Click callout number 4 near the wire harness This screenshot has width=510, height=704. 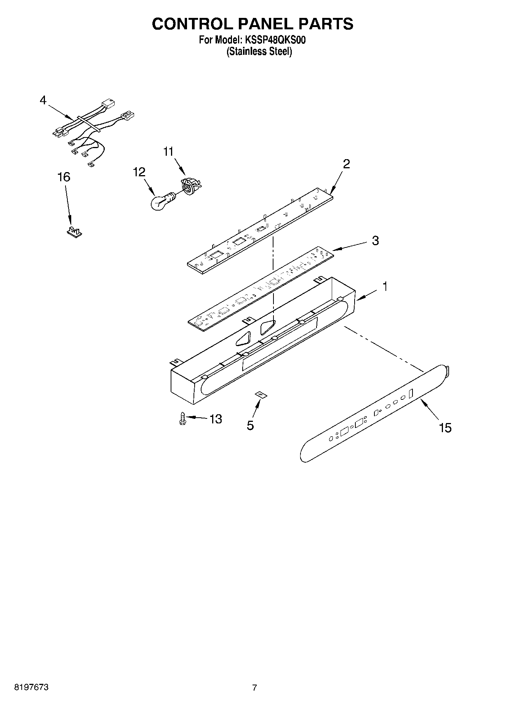tap(43, 101)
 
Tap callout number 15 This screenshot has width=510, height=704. tap(445, 428)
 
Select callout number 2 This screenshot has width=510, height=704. tap(346, 164)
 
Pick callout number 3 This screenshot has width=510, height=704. tap(375, 241)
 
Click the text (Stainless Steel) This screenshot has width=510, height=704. tap(259, 52)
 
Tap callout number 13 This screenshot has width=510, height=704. tap(215, 419)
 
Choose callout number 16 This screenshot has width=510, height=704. tap(64, 177)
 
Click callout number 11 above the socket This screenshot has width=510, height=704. tap(168, 152)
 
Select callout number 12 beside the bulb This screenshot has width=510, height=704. tap(139, 172)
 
